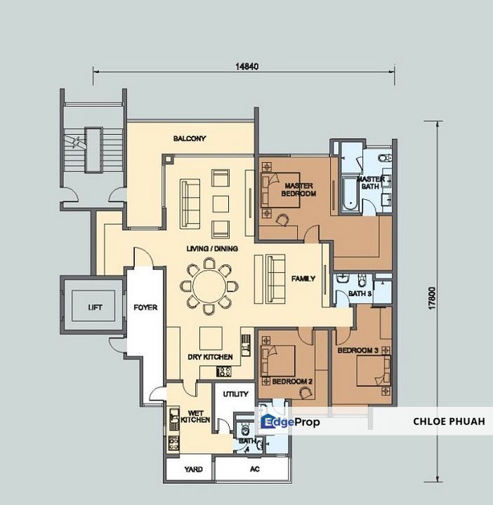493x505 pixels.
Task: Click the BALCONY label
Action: click(x=190, y=138)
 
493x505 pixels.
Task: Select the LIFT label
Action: click(x=95, y=307)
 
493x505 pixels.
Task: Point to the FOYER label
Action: click(x=145, y=308)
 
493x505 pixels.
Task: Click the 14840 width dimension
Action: click(x=247, y=67)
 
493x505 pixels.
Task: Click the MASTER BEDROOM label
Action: click(x=298, y=189)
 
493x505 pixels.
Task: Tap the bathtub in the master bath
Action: click(x=350, y=194)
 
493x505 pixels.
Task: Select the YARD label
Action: click(x=193, y=469)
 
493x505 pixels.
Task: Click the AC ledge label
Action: click(x=255, y=469)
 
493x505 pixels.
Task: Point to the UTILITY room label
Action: click(x=236, y=394)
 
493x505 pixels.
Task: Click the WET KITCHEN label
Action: click(x=195, y=417)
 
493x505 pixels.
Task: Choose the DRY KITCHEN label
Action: click(x=210, y=357)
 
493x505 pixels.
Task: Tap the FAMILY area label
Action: click(x=303, y=278)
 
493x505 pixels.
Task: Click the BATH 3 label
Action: click(x=360, y=294)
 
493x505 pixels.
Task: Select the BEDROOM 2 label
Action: click(x=292, y=382)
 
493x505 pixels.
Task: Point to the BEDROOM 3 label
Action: click(x=358, y=351)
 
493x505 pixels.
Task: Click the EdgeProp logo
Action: click(x=290, y=422)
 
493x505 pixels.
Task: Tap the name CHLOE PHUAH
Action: click(x=449, y=422)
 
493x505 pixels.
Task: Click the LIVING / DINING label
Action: click(x=212, y=248)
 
